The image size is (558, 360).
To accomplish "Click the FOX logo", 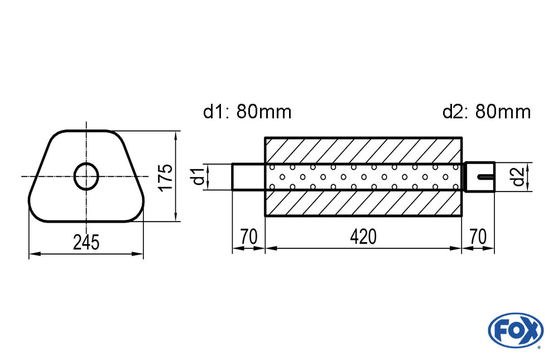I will [516, 329].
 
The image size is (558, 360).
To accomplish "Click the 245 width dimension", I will [86, 242].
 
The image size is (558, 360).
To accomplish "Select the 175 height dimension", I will [165, 177].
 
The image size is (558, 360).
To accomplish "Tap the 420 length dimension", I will [363, 237].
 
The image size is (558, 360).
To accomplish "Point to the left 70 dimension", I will [248, 237].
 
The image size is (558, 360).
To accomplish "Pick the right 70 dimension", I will [478, 237].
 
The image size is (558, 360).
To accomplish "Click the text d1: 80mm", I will [247, 112].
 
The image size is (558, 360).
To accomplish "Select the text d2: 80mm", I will [486, 112].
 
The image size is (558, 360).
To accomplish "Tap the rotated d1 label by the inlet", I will [196, 177].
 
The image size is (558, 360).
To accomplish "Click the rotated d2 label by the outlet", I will [518, 177].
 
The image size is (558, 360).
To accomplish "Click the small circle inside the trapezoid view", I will [86, 176].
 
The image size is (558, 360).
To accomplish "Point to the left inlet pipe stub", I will [248, 177].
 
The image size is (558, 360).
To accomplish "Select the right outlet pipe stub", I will [479, 177].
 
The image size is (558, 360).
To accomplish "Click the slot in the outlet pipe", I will [485, 177].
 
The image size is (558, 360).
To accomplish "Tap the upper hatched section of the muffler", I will [363, 150].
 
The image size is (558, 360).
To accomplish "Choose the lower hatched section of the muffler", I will [363, 203].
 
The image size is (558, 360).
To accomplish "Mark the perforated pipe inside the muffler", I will [363, 177].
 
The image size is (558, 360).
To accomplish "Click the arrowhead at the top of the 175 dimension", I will [176, 135].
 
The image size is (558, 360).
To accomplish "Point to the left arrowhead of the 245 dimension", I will [32, 254].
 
